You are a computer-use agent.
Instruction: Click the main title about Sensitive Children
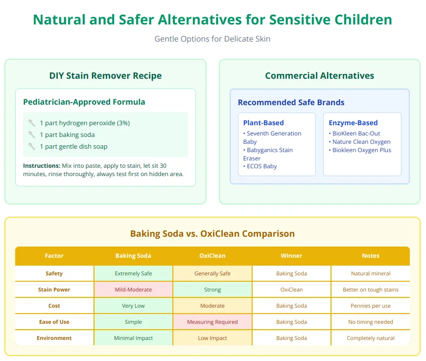coord(213,20)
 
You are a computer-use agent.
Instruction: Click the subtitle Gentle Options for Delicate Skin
coord(213,39)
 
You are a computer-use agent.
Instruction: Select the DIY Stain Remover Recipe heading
coord(105,76)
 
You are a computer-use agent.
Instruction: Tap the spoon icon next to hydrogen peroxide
coord(31,123)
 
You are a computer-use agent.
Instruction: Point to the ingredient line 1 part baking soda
coord(67,135)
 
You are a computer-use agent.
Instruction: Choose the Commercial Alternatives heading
coord(319,76)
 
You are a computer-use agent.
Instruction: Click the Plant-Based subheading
coord(263,123)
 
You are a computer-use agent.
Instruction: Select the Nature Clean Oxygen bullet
coord(361,142)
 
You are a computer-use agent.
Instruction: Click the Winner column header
coord(291,256)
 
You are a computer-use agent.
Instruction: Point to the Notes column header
coord(371,256)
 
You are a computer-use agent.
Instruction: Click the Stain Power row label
coord(54,290)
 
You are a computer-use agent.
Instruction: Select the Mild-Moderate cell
coord(133,290)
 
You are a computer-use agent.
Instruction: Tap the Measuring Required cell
coord(213,322)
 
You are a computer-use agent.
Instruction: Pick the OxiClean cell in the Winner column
coord(291,290)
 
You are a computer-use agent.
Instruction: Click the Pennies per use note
coord(371,306)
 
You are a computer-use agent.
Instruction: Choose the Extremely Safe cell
coord(133,273)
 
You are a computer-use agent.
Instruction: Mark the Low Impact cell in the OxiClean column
coord(213,338)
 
